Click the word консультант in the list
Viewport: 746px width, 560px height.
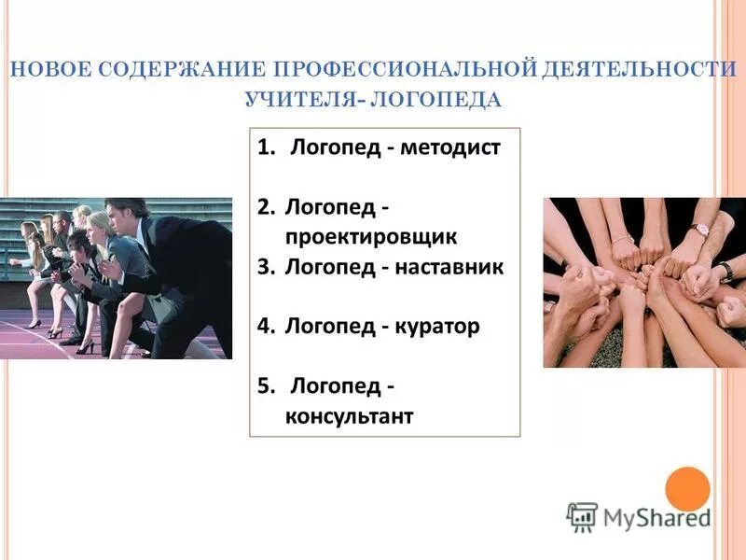click(x=349, y=415)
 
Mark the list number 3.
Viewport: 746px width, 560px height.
click(x=265, y=267)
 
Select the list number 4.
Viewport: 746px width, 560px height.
click(x=265, y=327)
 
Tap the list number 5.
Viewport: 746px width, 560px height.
click(x=265, y=385)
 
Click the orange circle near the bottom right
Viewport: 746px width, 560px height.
click(x=687, y=489)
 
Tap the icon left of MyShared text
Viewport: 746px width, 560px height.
click(x=582, y=517)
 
